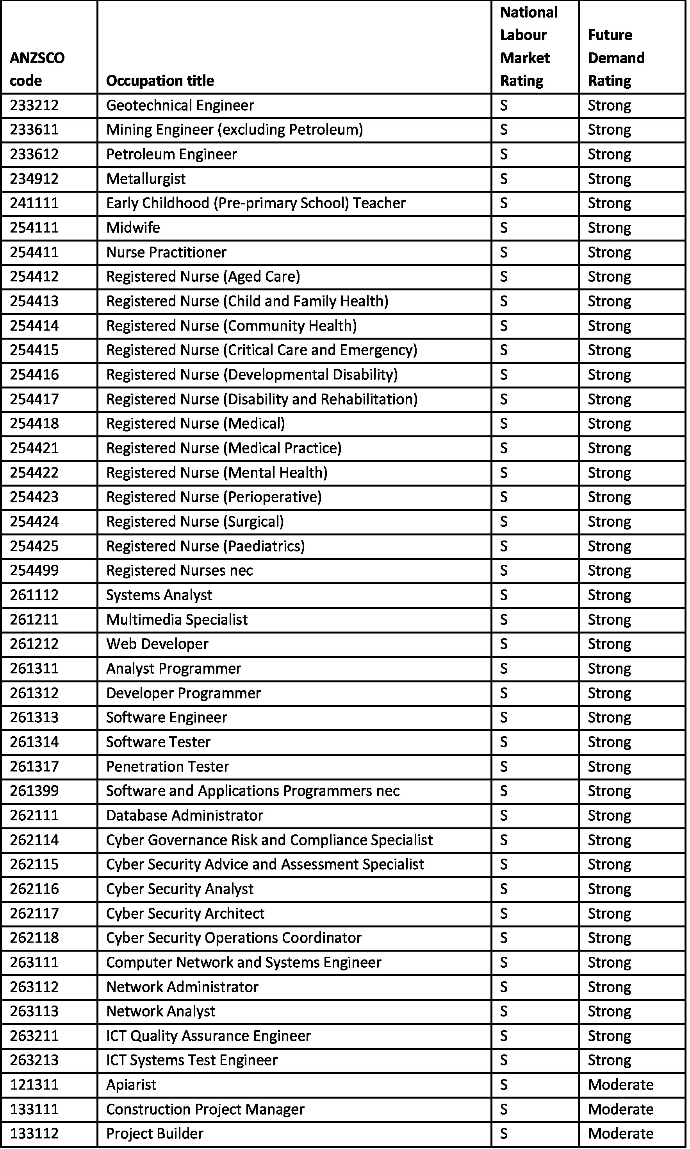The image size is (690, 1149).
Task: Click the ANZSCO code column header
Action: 37,69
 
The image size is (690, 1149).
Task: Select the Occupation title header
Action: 160,81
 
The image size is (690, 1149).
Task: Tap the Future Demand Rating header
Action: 616,58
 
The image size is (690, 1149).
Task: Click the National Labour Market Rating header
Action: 529,47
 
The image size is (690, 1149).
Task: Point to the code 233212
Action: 34,105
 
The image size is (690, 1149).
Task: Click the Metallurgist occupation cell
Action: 146,179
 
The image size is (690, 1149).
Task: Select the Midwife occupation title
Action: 133,227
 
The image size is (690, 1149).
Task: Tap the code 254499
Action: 34,571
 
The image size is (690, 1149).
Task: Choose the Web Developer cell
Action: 157,644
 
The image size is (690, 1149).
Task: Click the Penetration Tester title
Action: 168,766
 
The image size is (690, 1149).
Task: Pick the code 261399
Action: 34,791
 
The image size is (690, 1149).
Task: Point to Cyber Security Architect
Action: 185,913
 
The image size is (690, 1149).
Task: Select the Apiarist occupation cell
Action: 131,1085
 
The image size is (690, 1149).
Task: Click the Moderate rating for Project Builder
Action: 620,1134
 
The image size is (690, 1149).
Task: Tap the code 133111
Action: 34,1110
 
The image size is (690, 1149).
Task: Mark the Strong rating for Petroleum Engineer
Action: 609,154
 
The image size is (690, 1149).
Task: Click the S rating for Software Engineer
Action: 504,718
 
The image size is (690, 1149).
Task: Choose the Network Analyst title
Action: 161,1011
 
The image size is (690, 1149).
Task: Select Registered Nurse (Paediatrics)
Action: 205,546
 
